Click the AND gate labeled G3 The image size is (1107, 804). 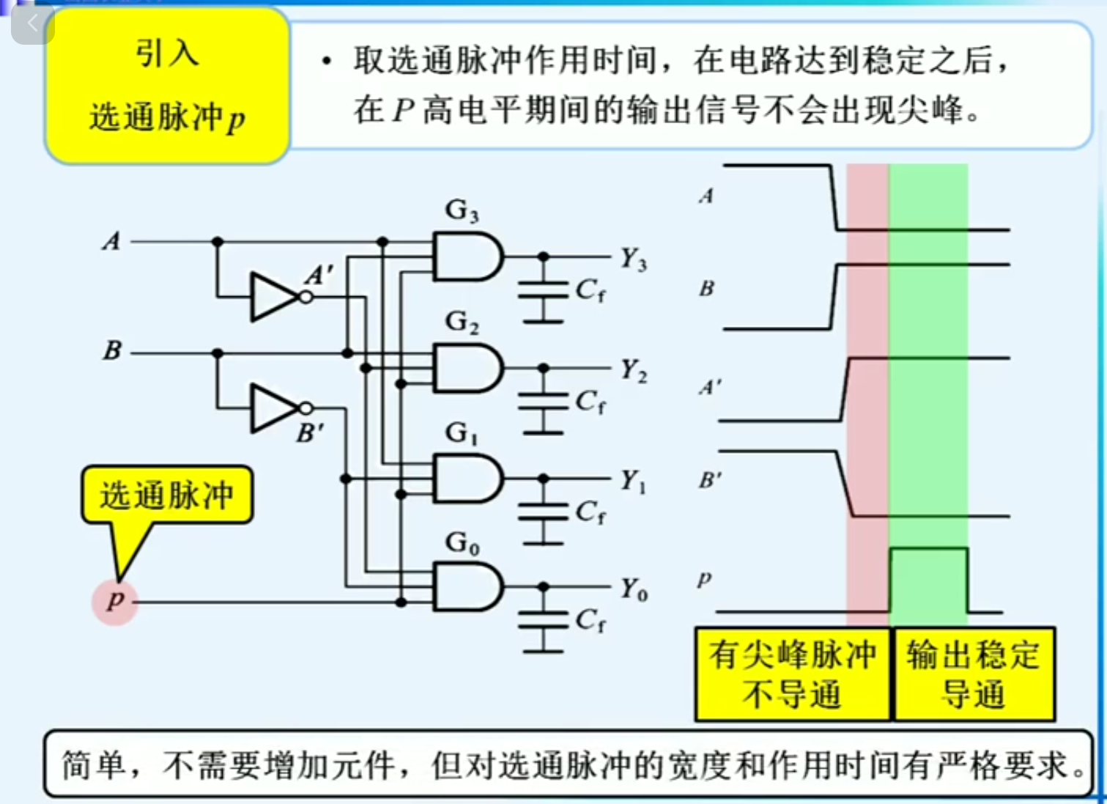point(467,257)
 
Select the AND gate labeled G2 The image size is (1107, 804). point(467,368)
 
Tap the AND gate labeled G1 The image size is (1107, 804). point(467,478)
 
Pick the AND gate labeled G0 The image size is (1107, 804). point(467,587)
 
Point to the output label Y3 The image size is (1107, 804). point(633,259)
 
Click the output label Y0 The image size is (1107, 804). point(633,589)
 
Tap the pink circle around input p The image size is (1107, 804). point(115,602)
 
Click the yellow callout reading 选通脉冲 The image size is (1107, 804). point(167,495)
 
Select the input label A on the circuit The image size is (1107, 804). point(111,240)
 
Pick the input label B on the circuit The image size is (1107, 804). point(112,350)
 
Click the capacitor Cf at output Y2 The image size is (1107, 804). point(543,402)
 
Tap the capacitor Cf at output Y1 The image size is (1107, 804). point(543,512)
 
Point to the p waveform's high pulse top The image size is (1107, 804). point(928,548)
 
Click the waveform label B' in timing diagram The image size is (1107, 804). point(709,481)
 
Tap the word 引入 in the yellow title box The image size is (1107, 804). point(166,54)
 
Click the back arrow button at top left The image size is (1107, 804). point(32,23)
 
